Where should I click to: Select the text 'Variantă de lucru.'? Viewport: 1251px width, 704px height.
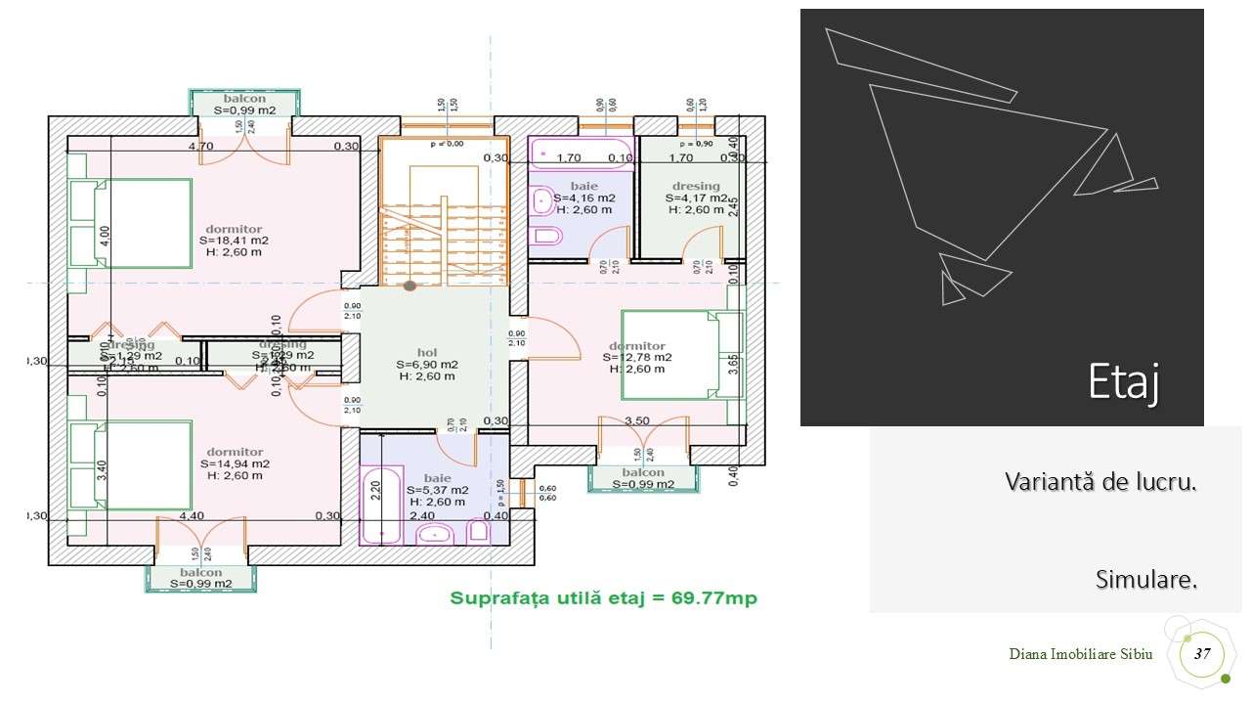click(x=1100, y=482)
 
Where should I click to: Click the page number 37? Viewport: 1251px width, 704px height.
click(x=1202, y=653)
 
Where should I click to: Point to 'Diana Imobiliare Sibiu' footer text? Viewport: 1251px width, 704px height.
click(x=1081, y=654)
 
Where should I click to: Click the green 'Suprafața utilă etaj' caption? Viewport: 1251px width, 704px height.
click(x=603, y=597)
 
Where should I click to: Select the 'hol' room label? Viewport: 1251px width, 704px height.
click(x=427, y=352)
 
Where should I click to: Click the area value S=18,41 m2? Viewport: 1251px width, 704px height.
click(x=234, y=240)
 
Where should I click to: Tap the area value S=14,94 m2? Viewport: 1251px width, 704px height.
click(x=235, y=463)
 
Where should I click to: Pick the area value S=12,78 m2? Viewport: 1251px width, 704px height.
click(x=637, y=357)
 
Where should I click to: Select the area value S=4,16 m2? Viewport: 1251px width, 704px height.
click(x=584, y=198)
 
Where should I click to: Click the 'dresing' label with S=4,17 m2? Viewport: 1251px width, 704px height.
click(x=695, y=186)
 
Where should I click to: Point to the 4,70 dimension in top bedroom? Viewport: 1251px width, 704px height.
click(x=200, y=147)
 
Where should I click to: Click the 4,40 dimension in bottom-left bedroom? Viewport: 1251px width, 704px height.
click(x=193, y=515)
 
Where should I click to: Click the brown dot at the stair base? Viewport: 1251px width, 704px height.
click(x=410, y=286)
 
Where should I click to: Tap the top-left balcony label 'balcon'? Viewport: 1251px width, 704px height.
click(x=243, y=100)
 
